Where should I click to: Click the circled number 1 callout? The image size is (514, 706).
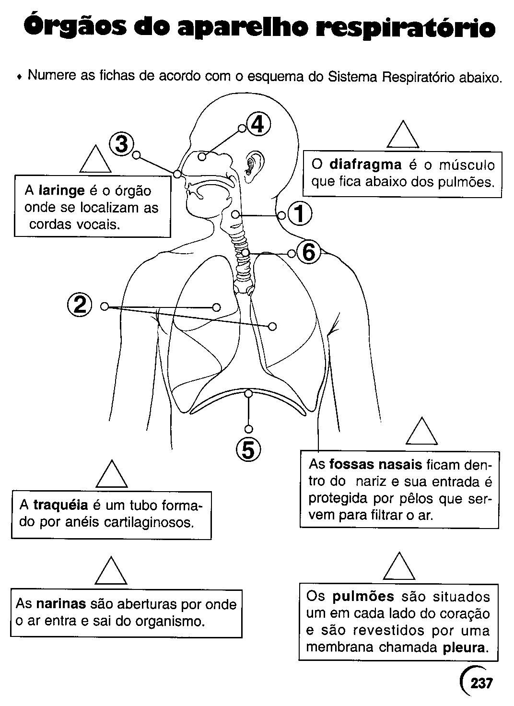300,214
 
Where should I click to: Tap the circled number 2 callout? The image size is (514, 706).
79,305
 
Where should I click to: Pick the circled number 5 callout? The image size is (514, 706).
248,449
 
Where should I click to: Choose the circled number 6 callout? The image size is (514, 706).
308,252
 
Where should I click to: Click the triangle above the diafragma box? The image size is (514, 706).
403,135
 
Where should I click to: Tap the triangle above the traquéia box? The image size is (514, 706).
112,474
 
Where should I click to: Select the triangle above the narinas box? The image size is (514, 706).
111,571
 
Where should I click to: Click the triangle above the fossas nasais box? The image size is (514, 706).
421,432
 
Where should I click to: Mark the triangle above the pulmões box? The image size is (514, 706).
399,567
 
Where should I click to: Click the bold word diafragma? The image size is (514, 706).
365,165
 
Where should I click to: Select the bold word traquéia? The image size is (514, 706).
60,505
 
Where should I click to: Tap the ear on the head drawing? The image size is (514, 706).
252,165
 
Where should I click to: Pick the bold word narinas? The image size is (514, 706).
61,604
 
